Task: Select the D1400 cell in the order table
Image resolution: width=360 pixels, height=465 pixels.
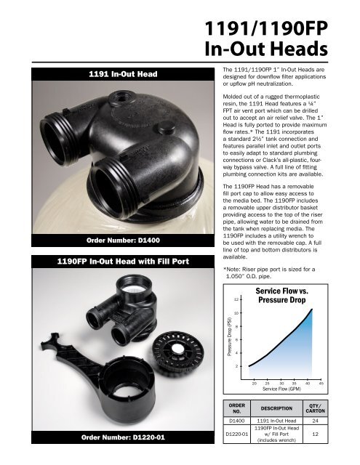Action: click(241, 421)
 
